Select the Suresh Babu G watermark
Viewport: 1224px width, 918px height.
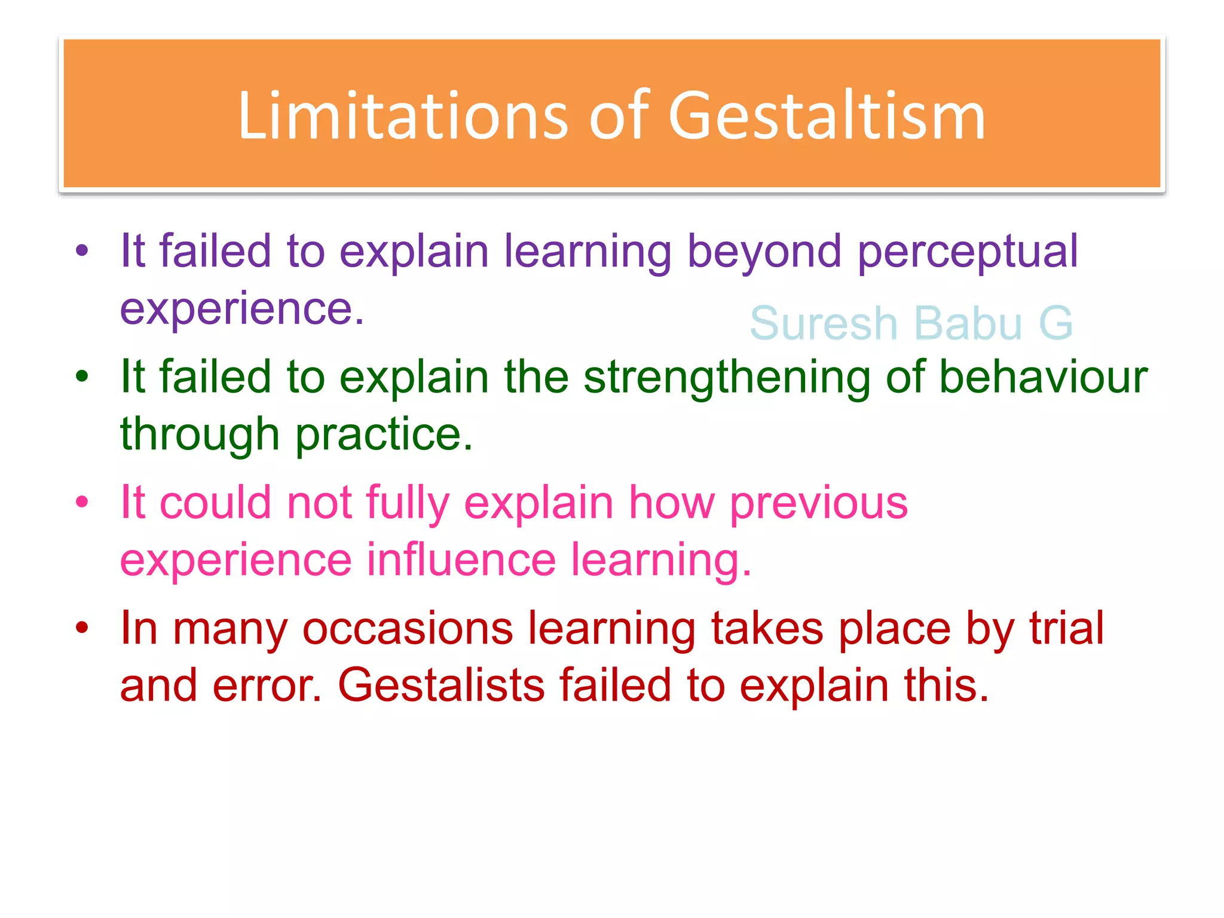point(911,323)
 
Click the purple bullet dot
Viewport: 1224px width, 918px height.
point(82,251)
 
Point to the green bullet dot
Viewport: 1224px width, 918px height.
point(82,377)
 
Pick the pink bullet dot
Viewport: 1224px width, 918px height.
point(82,503)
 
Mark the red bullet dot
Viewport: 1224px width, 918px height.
point(82,628)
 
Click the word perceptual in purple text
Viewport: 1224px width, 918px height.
point(968,251)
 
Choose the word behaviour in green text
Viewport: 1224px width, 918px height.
point(1044,377)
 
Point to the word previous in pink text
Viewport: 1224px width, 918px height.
point(818,503)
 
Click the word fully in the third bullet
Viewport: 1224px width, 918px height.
point(407,503)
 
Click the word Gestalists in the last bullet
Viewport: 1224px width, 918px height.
point(441,685)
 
